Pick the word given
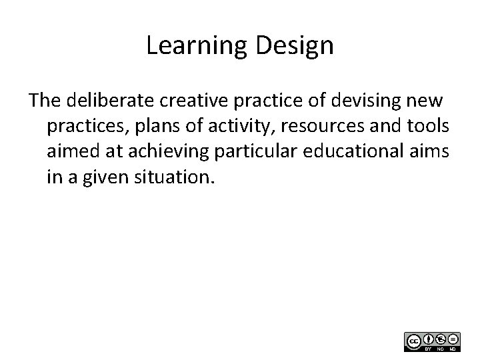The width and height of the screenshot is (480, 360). pyautogui.click(x=111, y=177)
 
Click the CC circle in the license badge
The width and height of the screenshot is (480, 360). pyautogui.click(x=413, y=341)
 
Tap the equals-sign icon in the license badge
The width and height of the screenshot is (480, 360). pyautogui.click(x=453, y=339)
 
